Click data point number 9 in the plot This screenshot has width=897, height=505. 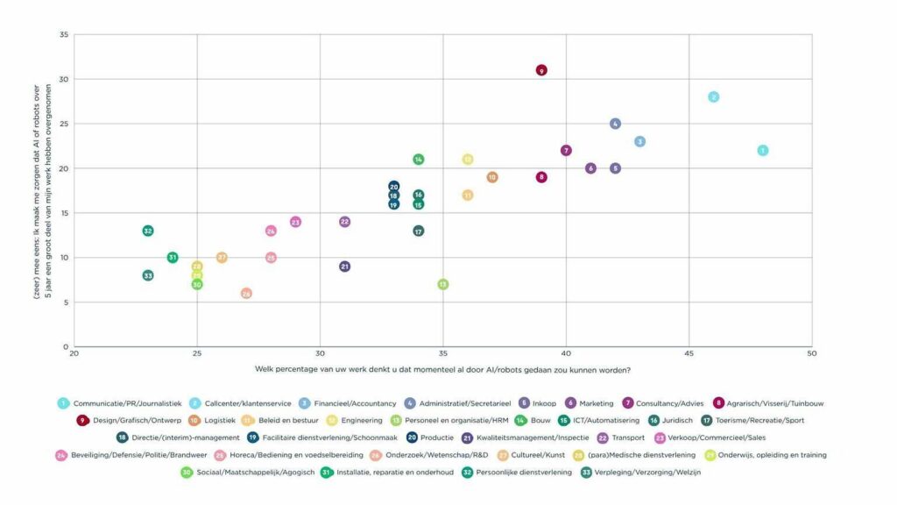click(541, 70)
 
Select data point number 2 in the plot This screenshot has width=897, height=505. click(714, 96)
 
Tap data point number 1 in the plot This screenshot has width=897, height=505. click(763, 151)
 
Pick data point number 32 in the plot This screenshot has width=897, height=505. click(148, 231)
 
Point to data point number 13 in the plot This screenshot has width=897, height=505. click(443, 284)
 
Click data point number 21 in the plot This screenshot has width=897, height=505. click(345, 267)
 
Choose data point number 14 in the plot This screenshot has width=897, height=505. click(419, 160)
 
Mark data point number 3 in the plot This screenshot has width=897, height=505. click(640, 141)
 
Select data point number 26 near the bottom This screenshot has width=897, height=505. click(246, 294)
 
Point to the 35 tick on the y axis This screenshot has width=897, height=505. click(63, 35)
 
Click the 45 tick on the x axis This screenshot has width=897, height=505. click(689, 353)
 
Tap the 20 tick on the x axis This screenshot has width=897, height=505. click(74, 353)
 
